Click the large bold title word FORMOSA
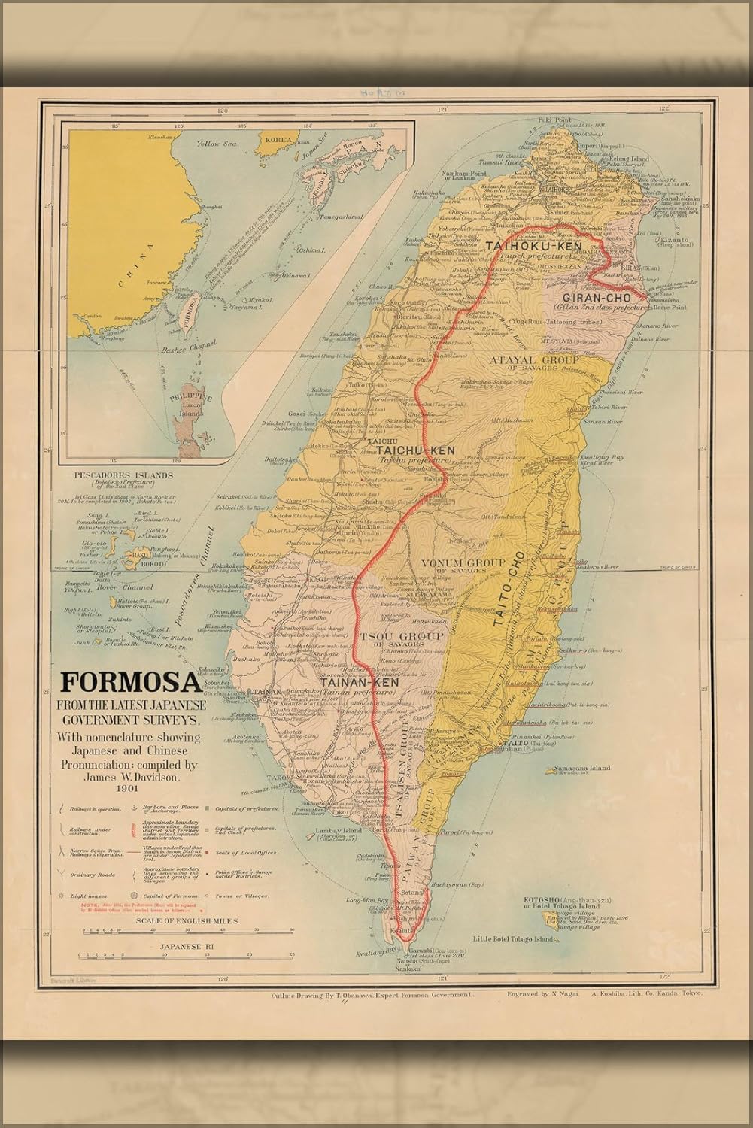[129, 681]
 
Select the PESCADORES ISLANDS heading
[124, 475]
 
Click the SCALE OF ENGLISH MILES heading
[177, 920]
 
